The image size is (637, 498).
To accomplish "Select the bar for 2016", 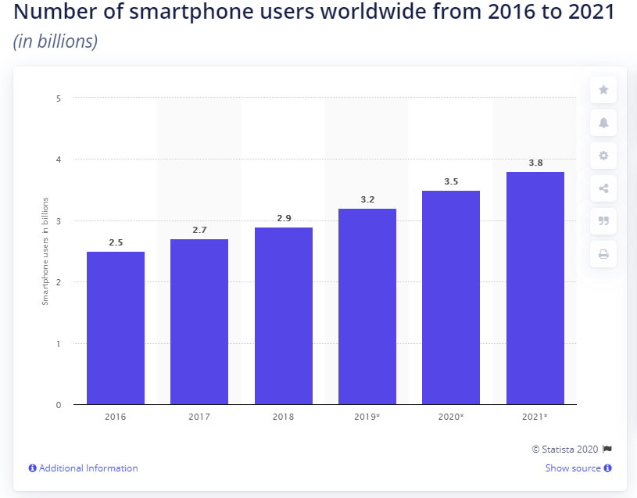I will (115, 328).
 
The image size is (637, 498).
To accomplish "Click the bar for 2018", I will (283, 316).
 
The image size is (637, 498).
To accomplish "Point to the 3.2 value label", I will (367, 200).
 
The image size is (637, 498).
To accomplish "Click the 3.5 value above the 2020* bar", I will (451, 181).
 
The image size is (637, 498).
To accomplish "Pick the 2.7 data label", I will (199, 231).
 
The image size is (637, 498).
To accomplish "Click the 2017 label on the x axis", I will (199, 417).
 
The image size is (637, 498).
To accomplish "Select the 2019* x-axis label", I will (367, 417).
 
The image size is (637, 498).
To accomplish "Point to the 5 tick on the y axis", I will (58, 99).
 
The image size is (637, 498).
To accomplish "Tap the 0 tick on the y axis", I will (58, 405).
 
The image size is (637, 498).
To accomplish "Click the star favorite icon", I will (603, 90).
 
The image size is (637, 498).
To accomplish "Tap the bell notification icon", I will (603, 123).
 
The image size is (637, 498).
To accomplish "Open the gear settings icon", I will (603, 156).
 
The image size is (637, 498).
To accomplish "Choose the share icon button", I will (603, 188).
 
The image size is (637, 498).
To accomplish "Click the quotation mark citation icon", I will (603, 221).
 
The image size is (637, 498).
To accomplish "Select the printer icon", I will (603, 254).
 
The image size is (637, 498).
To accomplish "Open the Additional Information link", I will (88, 468).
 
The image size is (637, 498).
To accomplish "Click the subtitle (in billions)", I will (55, 41).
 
